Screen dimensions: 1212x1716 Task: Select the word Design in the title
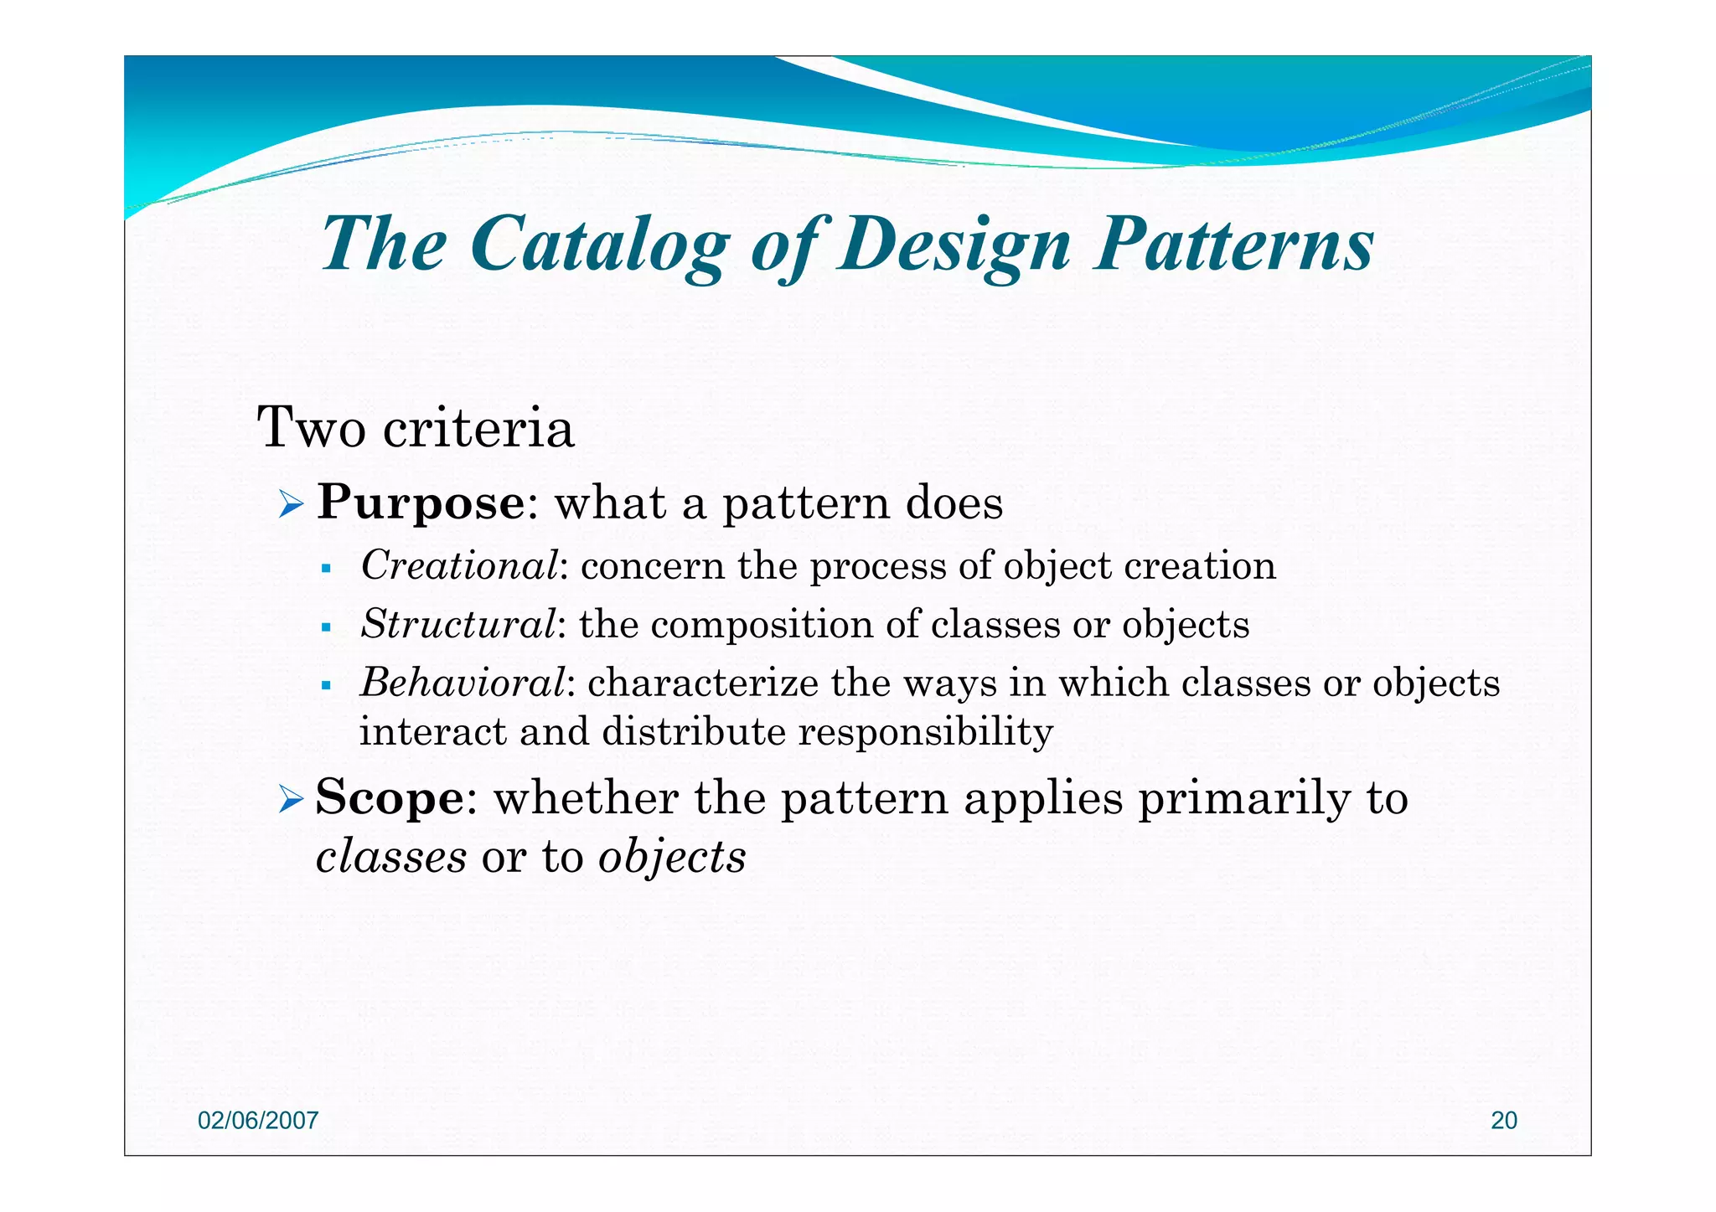point(955,245)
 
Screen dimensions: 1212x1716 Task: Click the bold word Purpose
point(421,503)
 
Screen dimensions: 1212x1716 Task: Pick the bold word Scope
point(389,797)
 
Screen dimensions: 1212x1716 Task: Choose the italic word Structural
point(457,624)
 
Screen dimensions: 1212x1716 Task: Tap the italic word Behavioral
point(463,683)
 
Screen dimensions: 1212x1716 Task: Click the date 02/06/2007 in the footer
point(258,1121)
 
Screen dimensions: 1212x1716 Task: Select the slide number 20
point(1504,1121)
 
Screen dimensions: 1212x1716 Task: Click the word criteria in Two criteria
point(478,429)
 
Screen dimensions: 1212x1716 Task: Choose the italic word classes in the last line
point(390,857)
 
